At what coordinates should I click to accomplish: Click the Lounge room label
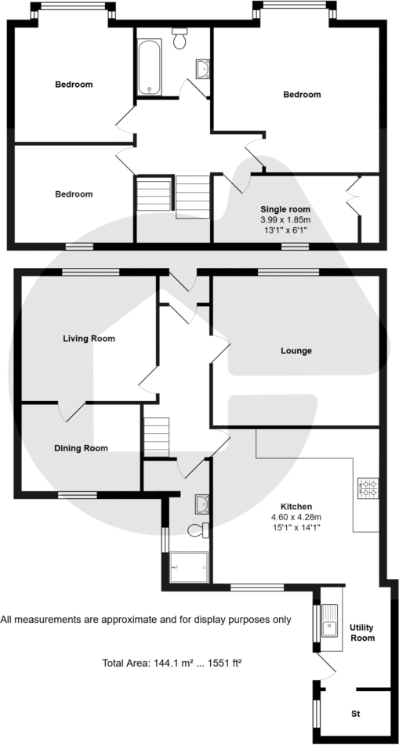(296, 351)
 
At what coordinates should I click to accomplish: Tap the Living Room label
(89, 339)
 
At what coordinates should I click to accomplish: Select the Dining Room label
(81, 449)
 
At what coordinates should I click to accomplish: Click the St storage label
(355, 714)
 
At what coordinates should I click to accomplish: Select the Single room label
(285, 210)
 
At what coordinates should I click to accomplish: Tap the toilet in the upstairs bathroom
(180, 39)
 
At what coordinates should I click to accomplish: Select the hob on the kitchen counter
(368, 489)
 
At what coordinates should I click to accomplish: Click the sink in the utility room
(330, 624)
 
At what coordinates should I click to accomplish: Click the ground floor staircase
(156, 435)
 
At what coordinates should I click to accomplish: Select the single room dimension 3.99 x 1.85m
(285, 221)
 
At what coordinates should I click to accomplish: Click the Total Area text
(172, 663)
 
